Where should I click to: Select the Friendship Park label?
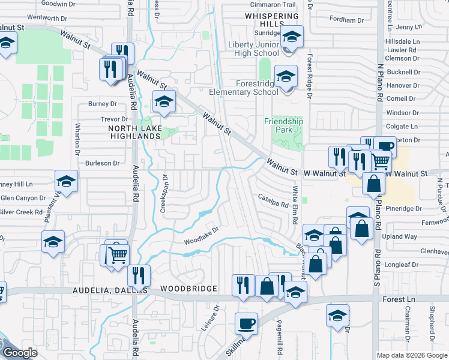(284, 122)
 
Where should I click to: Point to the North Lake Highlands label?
(134, 132)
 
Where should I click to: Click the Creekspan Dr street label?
(163, 197)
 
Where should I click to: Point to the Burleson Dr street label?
(102, 163)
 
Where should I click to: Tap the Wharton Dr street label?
(77, 138)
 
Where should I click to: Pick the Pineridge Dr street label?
(406, 209)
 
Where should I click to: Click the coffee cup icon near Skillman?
(246, 324)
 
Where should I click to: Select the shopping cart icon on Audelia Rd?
(118, 254)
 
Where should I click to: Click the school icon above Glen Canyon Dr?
(66, 181)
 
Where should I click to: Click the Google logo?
(19, 353)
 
